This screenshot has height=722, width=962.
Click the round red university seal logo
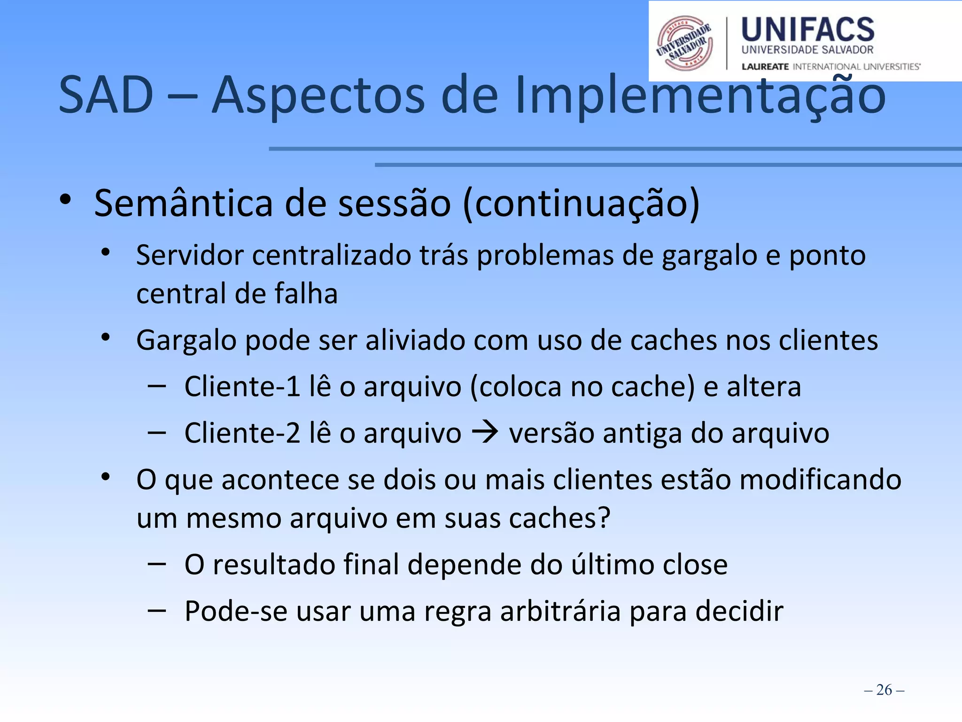685,43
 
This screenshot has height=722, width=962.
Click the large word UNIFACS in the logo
807,30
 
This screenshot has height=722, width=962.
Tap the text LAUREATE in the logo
765,67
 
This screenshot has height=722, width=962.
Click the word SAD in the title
106,95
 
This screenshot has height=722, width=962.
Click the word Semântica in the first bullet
184,204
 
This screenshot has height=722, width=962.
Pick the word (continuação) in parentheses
581,204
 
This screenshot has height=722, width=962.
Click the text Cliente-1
242,386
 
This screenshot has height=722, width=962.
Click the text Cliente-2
242,433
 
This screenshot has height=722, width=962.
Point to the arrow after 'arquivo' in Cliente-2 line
485,432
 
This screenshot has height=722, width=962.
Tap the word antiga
642,433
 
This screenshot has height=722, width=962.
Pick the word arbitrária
560,611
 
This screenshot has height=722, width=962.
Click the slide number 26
884,690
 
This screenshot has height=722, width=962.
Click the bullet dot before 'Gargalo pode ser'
106,337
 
